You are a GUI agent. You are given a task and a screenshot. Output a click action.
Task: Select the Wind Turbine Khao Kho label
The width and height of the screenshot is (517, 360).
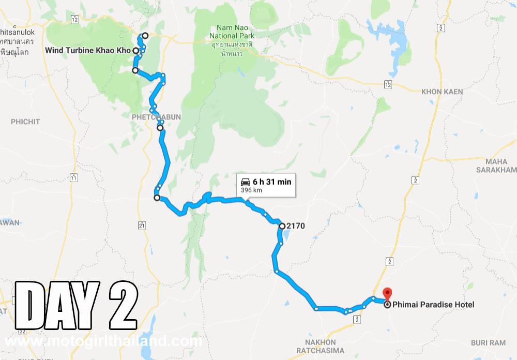coord(88,51)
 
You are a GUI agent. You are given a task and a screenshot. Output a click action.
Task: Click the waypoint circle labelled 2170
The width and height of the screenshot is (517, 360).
coord(282,226)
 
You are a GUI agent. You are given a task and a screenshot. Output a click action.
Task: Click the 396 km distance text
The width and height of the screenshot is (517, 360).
coord(251,190)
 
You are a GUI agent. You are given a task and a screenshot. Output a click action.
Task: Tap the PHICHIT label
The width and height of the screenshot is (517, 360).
coord(25,122)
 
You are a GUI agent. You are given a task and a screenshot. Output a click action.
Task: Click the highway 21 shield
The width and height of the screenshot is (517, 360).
coord(141,225)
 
